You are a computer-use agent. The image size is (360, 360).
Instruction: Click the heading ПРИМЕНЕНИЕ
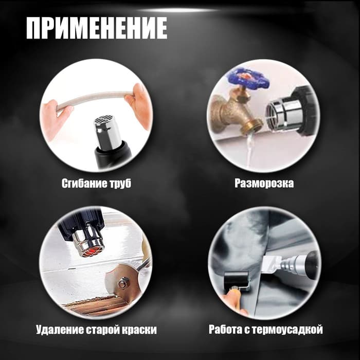(96, 28)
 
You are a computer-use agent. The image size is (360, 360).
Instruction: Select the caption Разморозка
(264, 183)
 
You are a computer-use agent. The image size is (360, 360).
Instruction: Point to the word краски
(137, 329)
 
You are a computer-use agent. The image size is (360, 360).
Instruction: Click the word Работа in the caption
(228, 329)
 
